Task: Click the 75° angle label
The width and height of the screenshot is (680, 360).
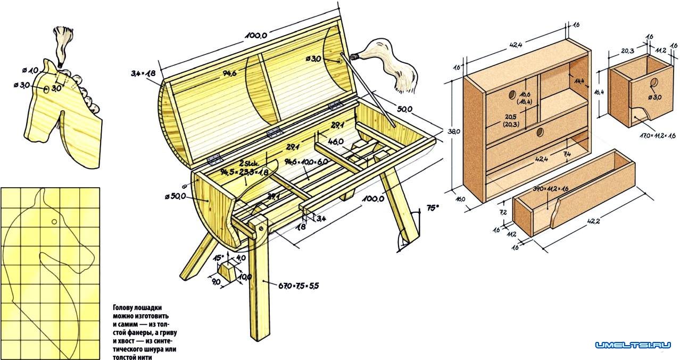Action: (x=433, y=208)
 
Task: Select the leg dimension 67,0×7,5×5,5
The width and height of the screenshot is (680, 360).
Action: (x=299, y=286)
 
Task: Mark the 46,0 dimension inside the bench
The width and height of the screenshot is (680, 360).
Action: (x=336, y=143)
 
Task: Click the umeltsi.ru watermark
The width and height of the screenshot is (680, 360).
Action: (x=633, y=345)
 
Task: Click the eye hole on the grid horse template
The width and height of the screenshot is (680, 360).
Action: (x=54, y=221)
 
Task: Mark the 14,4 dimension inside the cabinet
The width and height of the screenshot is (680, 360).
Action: (x=579, y=80)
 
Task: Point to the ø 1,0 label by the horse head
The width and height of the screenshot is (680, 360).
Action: (x=30, y=71)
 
